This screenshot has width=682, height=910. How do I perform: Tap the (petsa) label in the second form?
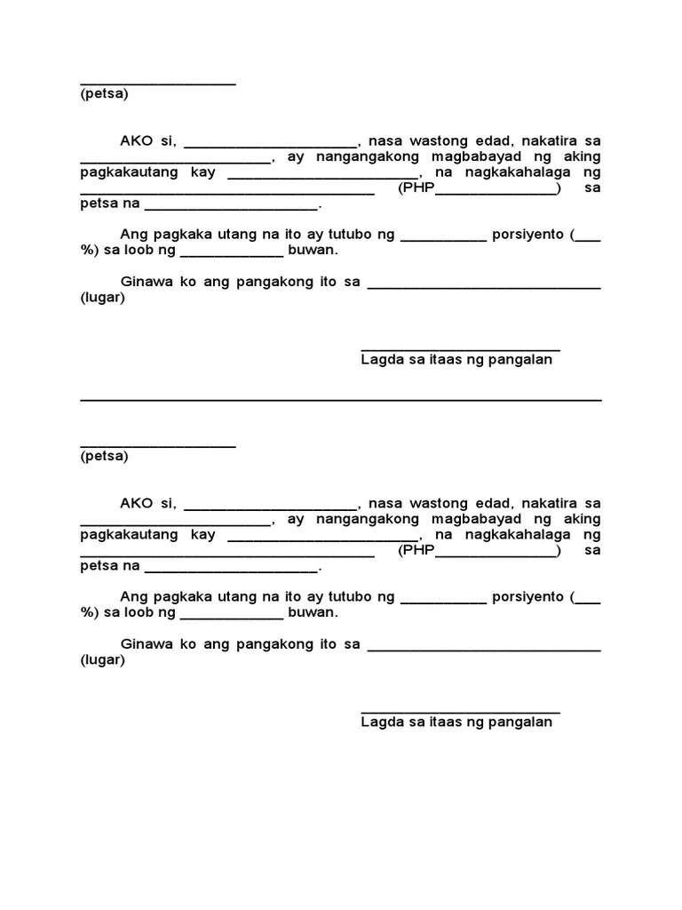click(x=104, y=456)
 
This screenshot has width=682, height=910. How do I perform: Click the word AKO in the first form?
click(x=138, y=140)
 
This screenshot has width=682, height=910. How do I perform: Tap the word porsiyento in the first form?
click(x=528, y=235)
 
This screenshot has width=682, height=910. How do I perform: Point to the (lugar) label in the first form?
click(x=102, y=298)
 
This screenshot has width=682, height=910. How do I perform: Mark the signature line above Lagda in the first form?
click(x=460, y=350)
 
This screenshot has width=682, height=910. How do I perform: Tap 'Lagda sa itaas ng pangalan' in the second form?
click(x=456, y=722)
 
